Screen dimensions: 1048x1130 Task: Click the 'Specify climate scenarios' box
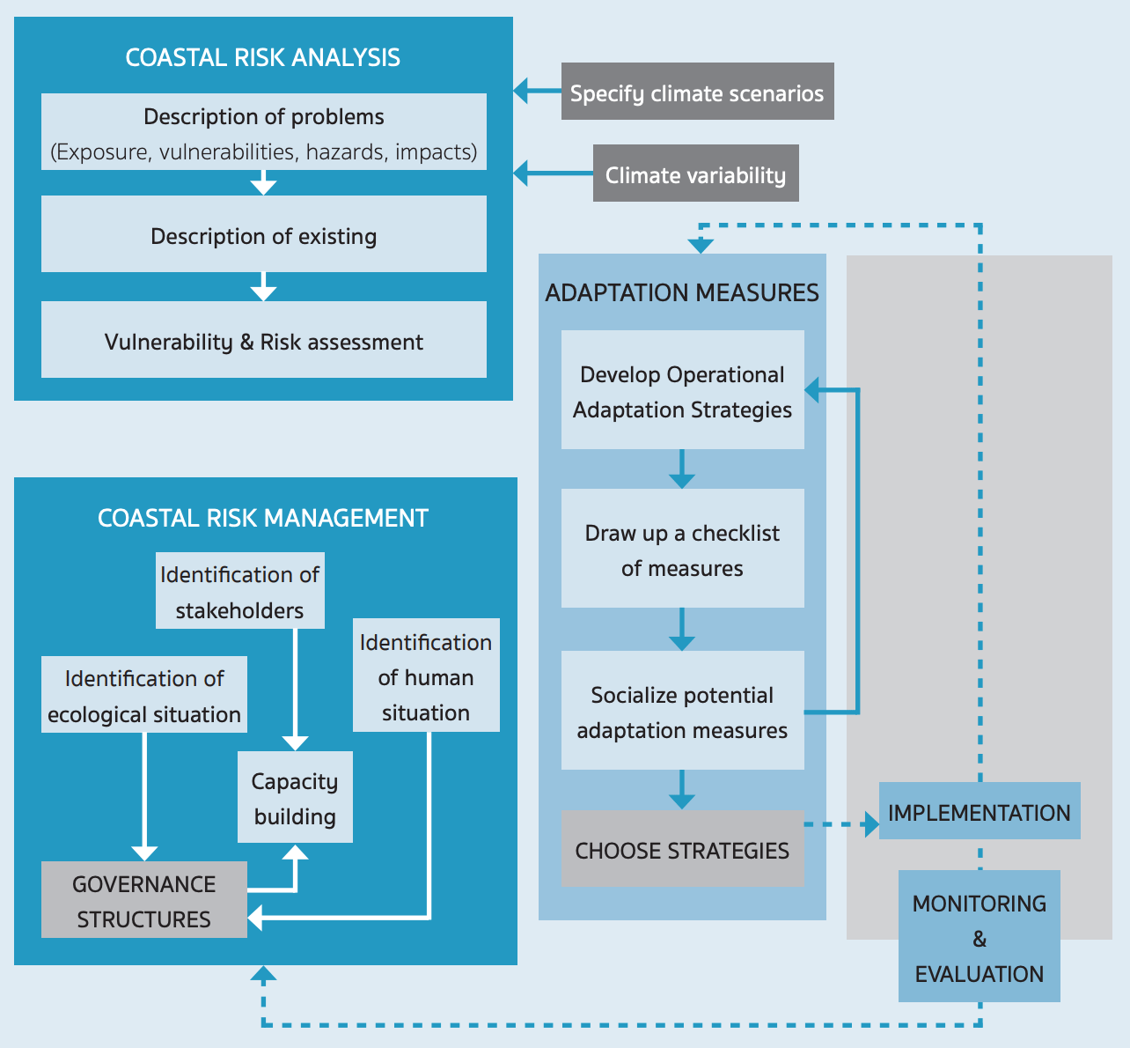pos(697,92)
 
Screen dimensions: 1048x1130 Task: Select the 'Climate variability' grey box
pos(695,173)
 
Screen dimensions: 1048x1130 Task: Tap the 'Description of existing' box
pos(263,234)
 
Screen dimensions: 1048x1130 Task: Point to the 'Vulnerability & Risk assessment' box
pos(263,340)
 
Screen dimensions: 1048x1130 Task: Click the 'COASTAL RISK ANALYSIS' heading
pos(262,57)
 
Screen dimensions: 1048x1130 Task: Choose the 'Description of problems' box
pos(263,132)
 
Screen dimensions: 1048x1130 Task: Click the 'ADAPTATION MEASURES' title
pos(682,292)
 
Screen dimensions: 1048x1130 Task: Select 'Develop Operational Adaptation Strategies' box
pos(682,390)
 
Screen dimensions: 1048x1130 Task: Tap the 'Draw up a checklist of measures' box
pos(682,549)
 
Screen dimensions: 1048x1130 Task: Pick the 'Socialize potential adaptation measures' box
pos(682,711)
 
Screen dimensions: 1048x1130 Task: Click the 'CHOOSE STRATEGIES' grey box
pos(682,849)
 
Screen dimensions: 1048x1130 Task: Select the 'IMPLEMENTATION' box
pos(979,811)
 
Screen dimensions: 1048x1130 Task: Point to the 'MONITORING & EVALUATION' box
pos(979,937)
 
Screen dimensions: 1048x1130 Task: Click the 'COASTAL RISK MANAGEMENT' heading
pos(262,518)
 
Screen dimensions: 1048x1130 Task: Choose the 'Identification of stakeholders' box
pos(239,591)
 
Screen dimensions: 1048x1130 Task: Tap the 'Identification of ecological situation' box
pos(143,695)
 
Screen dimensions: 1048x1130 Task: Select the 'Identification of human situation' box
pos(426,675)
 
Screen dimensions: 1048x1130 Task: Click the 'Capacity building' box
pos(295,797)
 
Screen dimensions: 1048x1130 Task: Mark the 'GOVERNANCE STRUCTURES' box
pos(143,900)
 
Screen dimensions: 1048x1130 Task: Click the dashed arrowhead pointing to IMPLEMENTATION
pos(871,824)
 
